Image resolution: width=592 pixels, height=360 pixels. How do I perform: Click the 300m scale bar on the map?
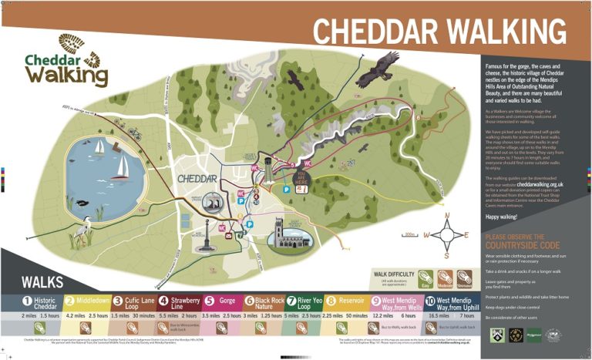tap(412, 235)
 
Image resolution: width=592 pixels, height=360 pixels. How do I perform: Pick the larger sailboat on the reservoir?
tap(121, 164)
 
